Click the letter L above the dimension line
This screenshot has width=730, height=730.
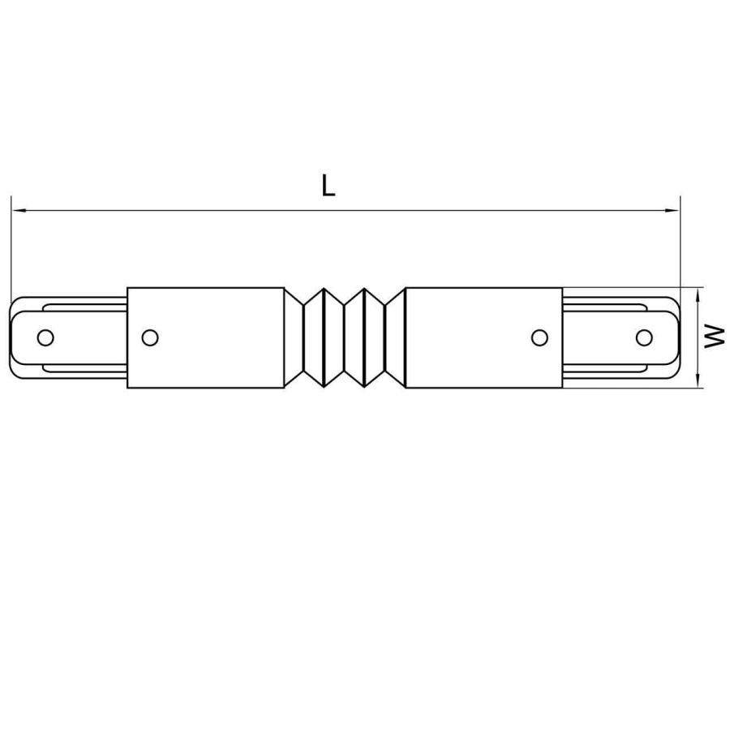327,186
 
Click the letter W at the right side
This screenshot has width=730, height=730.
715,337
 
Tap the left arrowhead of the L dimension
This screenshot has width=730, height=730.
18,211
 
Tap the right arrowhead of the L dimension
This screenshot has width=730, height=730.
673,211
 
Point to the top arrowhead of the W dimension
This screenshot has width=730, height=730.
699,293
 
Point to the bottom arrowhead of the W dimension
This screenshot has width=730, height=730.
699,382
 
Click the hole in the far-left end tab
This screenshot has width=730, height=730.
46,337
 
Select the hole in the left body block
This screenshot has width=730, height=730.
149,337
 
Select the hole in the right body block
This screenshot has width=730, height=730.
539,337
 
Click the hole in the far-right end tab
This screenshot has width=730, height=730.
644,337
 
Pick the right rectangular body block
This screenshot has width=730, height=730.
483,337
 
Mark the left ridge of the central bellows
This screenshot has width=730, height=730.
324,337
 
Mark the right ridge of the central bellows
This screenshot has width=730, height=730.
366,337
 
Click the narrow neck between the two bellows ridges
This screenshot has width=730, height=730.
346,337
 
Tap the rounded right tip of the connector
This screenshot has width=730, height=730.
676,337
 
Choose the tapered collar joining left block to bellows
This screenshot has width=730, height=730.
294,337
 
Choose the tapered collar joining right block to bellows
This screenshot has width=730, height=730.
395,337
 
